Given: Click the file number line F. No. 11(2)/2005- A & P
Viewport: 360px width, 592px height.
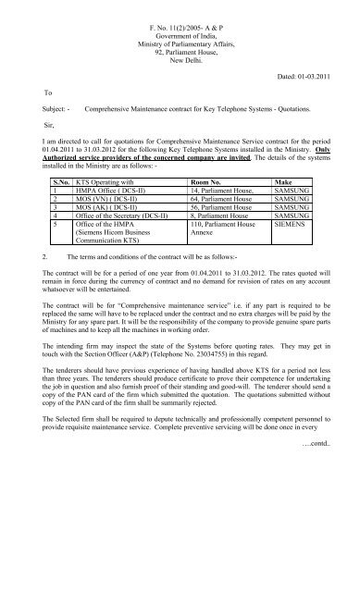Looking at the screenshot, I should click(179, 7).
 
